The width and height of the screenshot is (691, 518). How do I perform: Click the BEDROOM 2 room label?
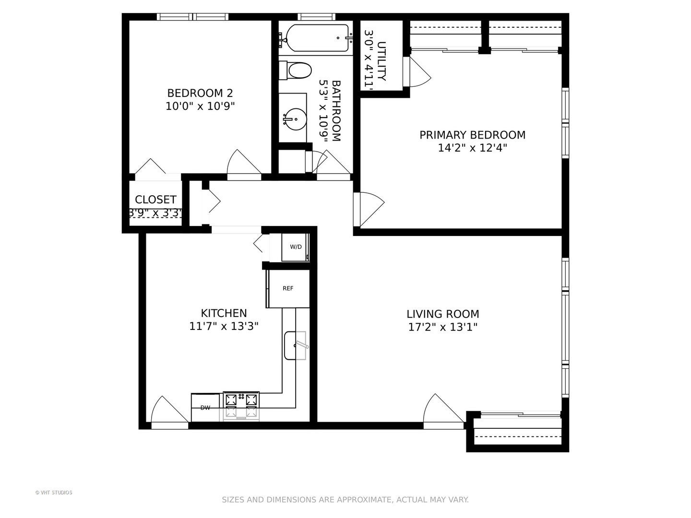(200, 93)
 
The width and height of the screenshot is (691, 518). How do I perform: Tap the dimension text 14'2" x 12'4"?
(472, 148)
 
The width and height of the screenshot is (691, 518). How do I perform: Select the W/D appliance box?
(296, 247)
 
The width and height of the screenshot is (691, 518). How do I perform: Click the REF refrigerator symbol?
(288, 288)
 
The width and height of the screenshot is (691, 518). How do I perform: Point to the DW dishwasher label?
(205, 408)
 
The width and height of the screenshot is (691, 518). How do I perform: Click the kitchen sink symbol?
(295, 345)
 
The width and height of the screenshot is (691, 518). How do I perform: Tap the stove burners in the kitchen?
(241, 403)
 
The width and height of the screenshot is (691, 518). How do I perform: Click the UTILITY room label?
(381, 61)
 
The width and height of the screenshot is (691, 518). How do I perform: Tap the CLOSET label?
(155, 200)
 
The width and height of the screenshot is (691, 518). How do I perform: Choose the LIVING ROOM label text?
(442, 314)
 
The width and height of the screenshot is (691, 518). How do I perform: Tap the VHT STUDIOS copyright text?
(54, 493)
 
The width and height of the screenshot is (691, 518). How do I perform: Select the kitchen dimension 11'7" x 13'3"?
(224, 327)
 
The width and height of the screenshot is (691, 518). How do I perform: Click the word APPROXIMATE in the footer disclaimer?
(364, 500)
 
